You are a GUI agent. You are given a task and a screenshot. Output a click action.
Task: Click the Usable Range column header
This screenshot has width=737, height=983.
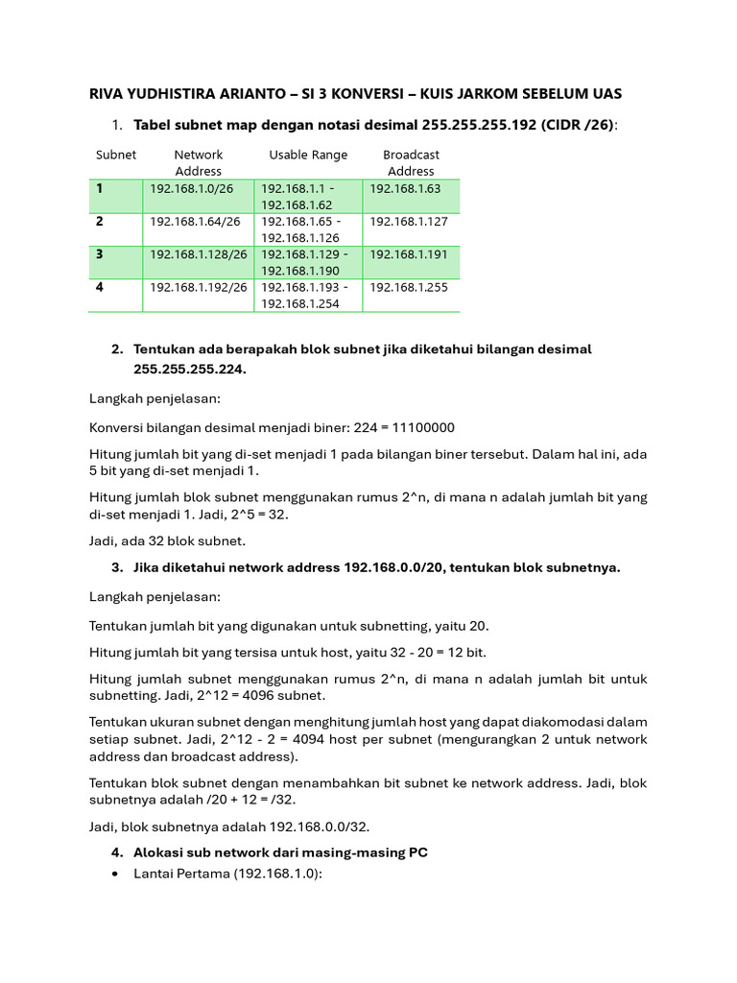tap(308, 155)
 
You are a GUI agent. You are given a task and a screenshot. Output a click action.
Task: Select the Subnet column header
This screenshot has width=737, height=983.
tap(116, 155)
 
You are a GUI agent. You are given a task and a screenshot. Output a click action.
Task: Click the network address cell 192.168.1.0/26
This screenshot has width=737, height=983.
tap(191, 189)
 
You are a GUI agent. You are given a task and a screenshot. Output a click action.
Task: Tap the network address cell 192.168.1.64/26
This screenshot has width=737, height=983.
tap(195, 222)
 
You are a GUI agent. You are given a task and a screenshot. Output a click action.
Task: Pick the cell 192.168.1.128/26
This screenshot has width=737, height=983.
tap(199, 254)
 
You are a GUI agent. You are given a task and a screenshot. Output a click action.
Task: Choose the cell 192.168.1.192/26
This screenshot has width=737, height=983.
tap(199, 287)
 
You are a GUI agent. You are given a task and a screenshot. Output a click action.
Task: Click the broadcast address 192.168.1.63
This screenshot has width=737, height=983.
tap(405, 189)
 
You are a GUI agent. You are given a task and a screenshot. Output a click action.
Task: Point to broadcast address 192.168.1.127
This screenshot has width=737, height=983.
tap(409, 222)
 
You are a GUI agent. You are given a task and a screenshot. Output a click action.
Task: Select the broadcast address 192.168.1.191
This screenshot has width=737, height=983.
tap(409, 254)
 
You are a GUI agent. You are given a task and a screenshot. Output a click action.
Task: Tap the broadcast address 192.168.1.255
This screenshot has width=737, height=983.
tap(409, 287)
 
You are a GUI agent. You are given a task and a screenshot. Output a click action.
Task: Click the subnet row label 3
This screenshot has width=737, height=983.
tap(99, 254)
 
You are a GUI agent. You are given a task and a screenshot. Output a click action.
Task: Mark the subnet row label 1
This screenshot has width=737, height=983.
tap(99, 189)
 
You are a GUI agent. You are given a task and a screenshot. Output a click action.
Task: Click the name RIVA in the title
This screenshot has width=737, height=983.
tap(107, 93)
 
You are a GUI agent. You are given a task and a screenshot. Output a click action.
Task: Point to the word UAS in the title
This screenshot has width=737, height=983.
tap(606, 93)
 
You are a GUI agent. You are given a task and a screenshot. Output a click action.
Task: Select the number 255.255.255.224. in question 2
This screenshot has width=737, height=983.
tap(190, 369)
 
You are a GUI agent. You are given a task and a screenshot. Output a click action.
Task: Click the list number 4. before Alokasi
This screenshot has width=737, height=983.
tap(117, 852)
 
